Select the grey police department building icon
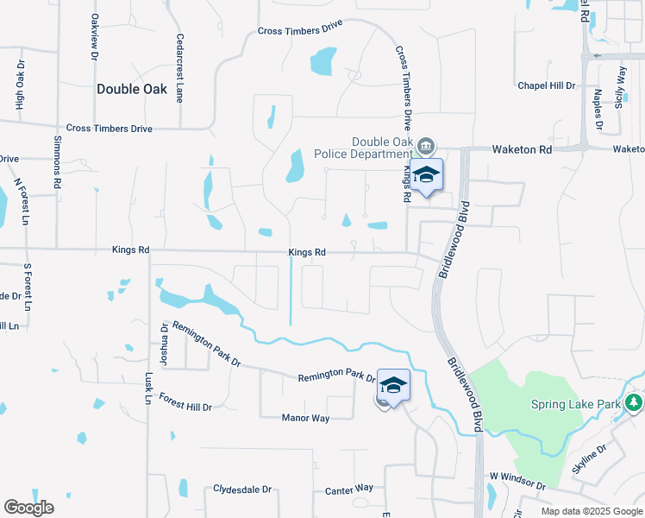pos(427,144)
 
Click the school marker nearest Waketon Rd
pos(425,175)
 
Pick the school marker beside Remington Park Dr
pos(393,385)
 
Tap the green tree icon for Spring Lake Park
pos(634,403)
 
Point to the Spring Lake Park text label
pos(576,404)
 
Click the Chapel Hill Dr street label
pos(546,85)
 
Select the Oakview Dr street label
pos(94,36)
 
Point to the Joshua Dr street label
pos(164,341)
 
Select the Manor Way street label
pos(306,418)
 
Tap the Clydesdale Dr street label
pos(242,489)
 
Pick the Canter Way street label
pos(349,490)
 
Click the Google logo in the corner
pos(28,508)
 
